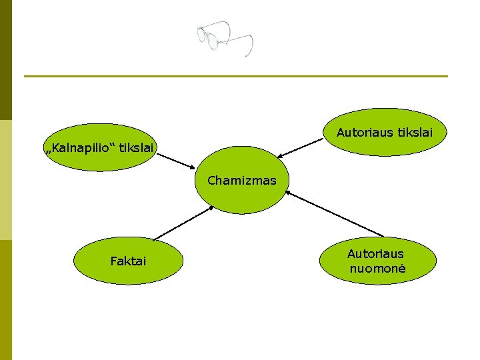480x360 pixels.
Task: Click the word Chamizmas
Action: [241, 180]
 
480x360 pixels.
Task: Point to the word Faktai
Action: [128, 261]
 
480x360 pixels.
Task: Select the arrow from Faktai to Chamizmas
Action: [183, 223]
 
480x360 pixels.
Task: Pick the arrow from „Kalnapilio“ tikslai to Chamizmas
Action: [176, 160]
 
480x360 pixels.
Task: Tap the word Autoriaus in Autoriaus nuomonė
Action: [375, 254]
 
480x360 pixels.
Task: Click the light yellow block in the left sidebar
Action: [6, 180]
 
